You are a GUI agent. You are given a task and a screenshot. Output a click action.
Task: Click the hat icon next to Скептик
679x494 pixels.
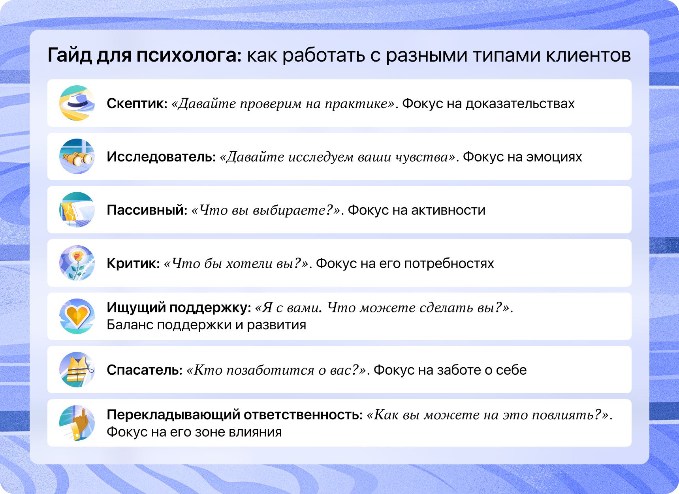point(77,103)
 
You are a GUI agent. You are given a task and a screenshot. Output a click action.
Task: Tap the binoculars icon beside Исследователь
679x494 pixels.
point(77,156)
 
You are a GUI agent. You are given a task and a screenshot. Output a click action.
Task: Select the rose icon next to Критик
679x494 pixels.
point(77,263)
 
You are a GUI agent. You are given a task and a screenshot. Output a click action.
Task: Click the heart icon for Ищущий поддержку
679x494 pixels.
point(77,316)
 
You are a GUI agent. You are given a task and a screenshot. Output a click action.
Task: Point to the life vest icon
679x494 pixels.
point(77,370)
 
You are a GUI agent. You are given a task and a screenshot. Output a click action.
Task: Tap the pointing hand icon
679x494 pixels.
point(77,423)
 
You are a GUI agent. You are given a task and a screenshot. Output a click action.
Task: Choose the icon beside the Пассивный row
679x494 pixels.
point(77,210)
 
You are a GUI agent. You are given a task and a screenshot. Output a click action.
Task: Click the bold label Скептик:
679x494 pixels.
point(137,103)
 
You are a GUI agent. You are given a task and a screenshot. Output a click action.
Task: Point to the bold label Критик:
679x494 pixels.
point(134,263)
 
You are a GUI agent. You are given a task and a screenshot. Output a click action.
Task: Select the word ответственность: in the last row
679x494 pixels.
point(303,415)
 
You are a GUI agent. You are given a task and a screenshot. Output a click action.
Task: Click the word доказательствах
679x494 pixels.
point(520,103)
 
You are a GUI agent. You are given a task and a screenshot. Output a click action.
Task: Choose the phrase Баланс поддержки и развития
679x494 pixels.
point(207,325)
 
